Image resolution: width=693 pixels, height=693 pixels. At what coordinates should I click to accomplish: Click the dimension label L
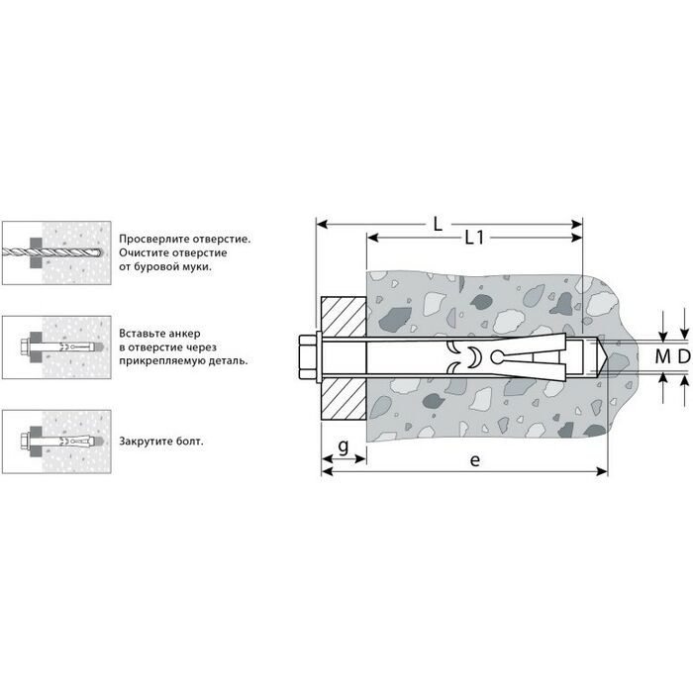[x=438, y=224]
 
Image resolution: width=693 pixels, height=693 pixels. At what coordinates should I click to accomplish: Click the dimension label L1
[x=474, y=239]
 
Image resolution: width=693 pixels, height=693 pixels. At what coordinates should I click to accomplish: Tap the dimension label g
[x=344, y=446]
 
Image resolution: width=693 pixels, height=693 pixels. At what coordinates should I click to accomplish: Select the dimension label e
[x=474, y=460]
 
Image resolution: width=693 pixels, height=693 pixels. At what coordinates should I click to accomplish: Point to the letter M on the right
[x=662, y=356]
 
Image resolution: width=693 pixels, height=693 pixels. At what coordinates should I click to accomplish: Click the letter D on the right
[x=684, y=356]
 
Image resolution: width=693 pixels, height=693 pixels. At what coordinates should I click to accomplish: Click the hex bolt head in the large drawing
[x=307, y=357]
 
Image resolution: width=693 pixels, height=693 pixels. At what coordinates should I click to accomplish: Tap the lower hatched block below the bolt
[x=344, y=398]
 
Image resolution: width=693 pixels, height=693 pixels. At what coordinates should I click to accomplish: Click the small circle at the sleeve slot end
[x=497, y=356]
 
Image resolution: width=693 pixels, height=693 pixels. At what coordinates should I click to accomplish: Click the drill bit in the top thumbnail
[x=52, y=253]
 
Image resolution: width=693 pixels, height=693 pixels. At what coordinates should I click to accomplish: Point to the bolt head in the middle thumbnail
[x=25, y=347]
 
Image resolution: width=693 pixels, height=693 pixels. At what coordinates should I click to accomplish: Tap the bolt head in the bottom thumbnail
[x=25, y=442]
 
